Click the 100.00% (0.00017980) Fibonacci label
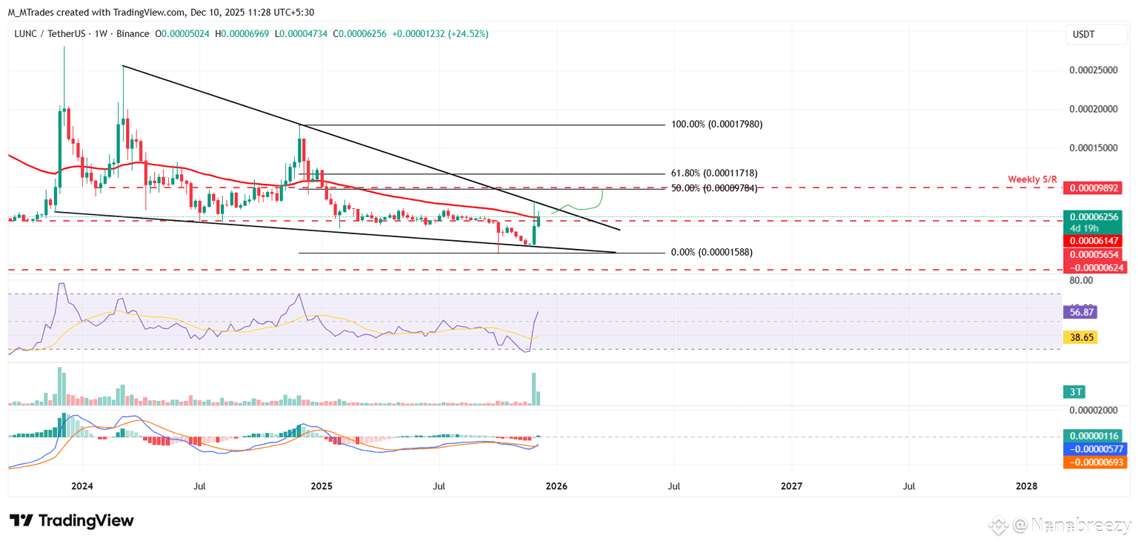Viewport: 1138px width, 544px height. click(x=716, y=125)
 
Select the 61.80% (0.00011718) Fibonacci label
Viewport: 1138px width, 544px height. click(x=714, y=173)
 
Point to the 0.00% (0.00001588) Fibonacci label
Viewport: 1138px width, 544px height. click(x=711, y=253)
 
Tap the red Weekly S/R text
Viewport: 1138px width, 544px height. click(x=1032, y=179)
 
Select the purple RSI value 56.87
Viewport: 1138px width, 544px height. click(x=1079, y=313)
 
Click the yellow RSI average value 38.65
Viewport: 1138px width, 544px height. click(x=1079, y=337)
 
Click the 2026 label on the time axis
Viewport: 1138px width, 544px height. click(x=556, y=486)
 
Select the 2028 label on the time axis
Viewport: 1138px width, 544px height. click(x=1026, y=486)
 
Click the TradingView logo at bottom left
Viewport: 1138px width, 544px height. click(x=72, y=520)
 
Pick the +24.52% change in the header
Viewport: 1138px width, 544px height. click(x=467, y=34)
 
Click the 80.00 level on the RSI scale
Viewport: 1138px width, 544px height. click(x=1082, y=280)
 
